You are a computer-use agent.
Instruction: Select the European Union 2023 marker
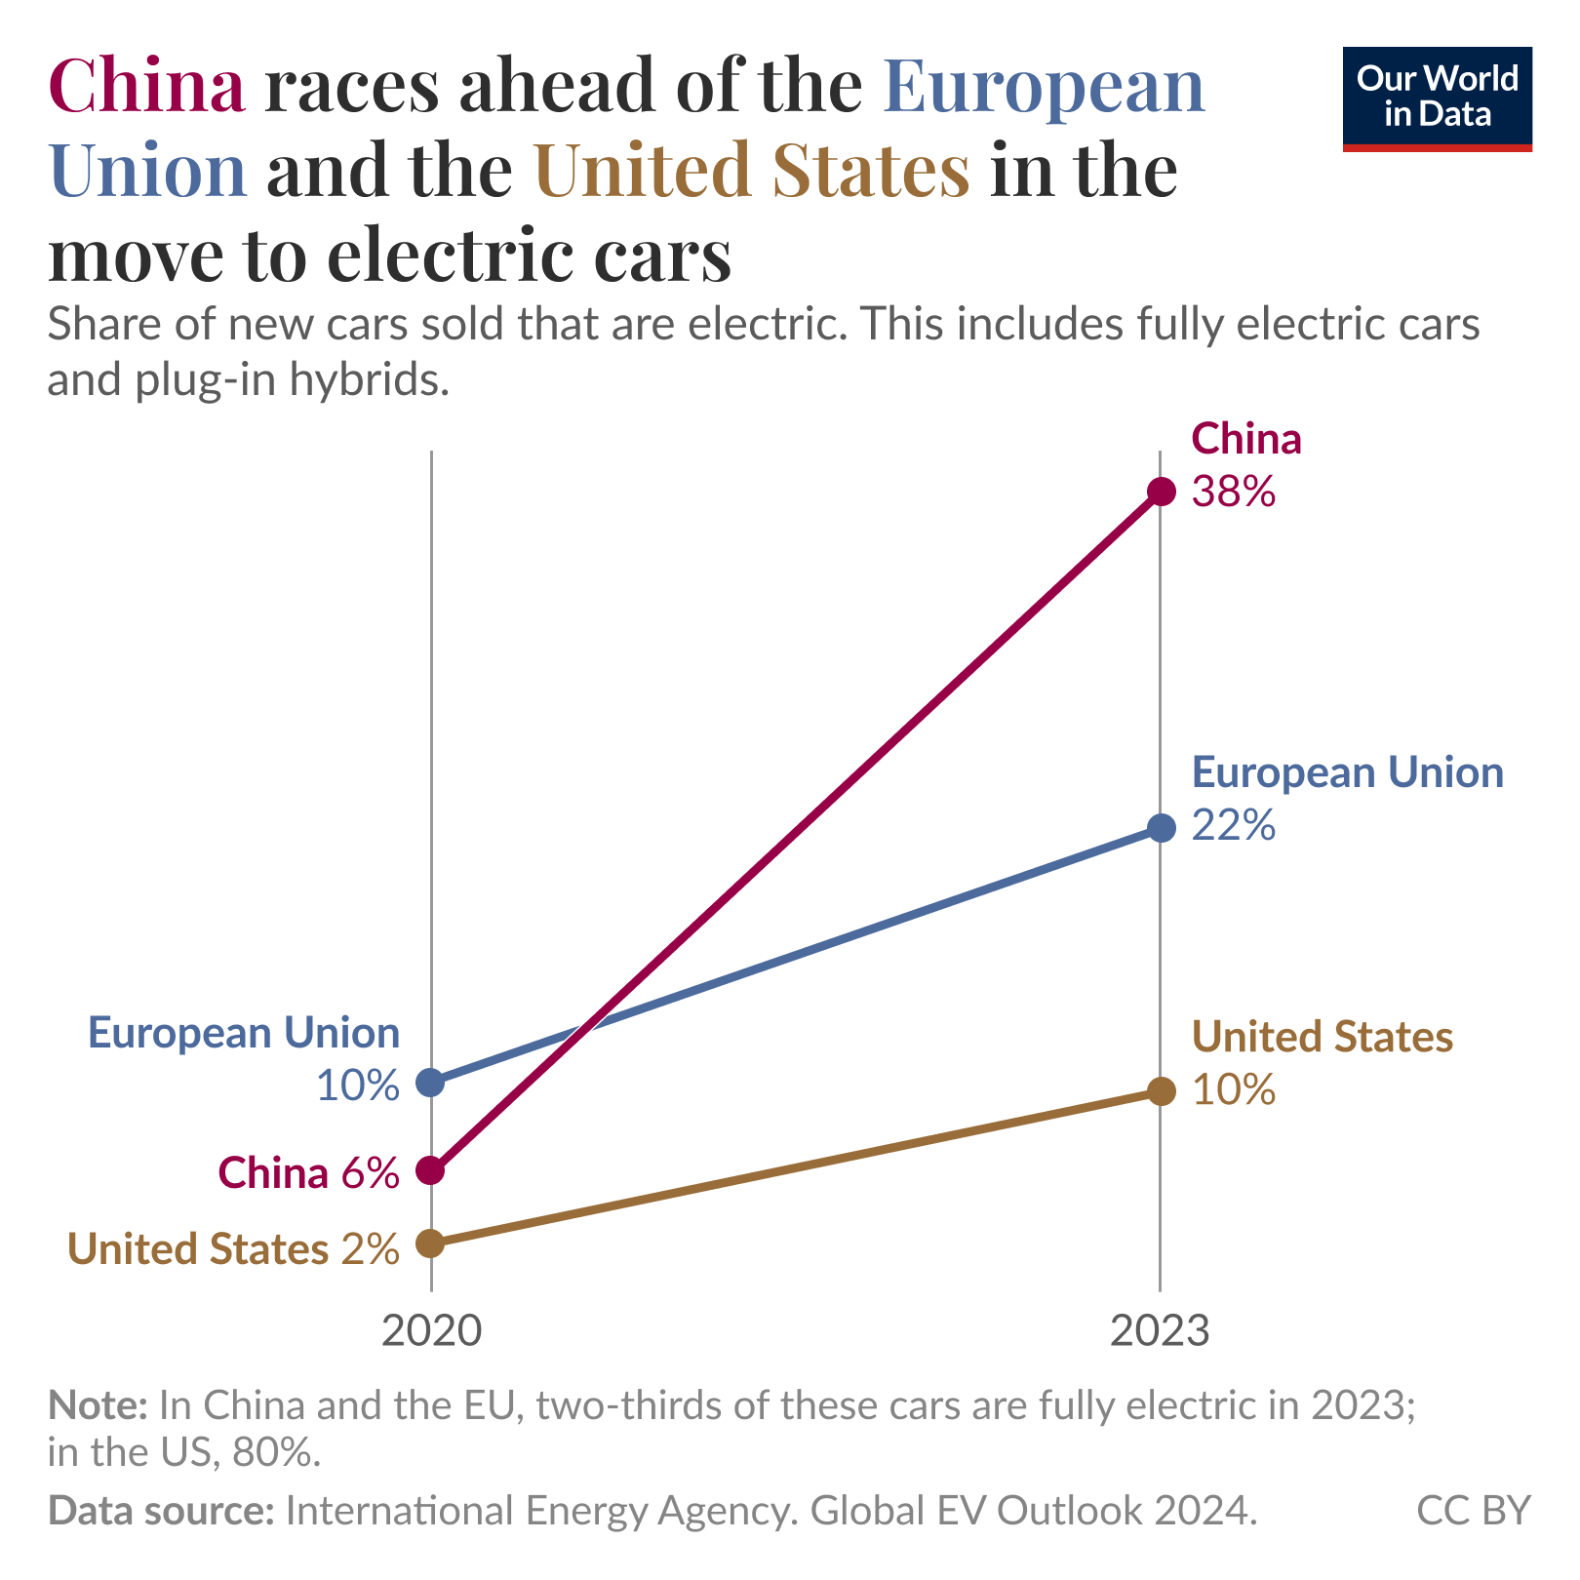point(1160,828)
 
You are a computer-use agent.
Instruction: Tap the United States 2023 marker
point(1160,1091)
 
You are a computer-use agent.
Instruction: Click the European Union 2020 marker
point(430,1082)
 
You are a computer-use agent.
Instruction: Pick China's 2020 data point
point(430,1170)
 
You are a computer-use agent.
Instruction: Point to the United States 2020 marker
point(430,1244)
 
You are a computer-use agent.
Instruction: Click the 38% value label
point(1233,493)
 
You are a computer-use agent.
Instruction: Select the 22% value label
point(1233,827)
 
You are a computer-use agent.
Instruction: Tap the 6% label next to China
point(370,1173)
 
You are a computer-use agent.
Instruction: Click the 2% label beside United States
point(370,1249)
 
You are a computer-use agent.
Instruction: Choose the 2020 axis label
point(431,1331)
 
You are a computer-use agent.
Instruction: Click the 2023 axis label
point(1160,1331)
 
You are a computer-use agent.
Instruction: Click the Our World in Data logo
point(1437,98)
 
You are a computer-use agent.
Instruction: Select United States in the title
point(753,170)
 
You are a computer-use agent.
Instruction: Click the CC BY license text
point(1473,1511)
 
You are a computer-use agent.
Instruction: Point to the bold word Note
point(97,1405)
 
